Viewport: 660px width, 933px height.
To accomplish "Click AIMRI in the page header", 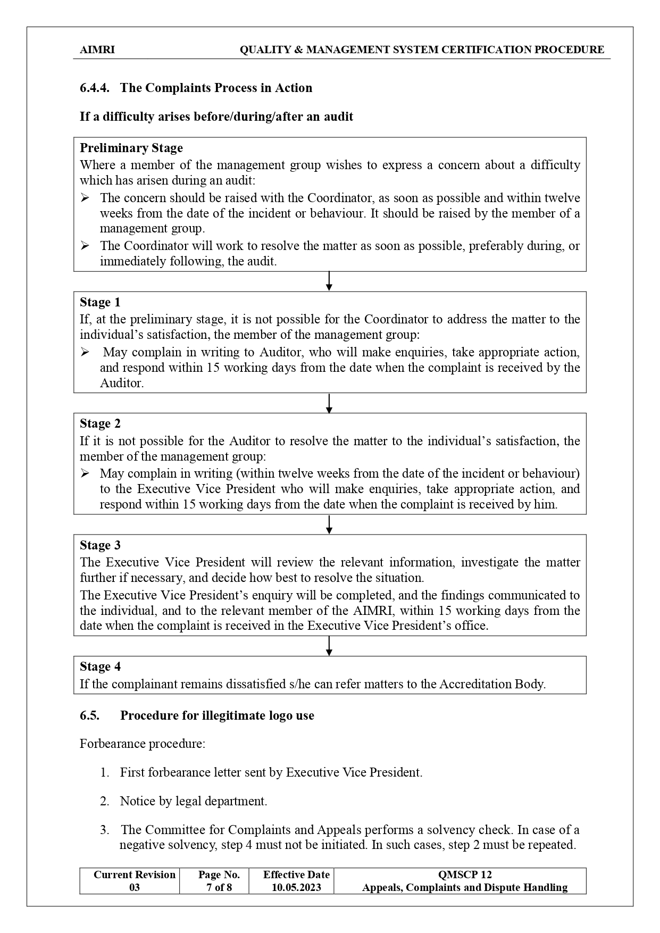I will [97, 50].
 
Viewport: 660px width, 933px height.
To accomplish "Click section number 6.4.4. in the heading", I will [95, 88].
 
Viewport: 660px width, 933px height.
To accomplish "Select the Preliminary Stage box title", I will [131, 148].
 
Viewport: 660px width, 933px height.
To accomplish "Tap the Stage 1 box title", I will [100, 302].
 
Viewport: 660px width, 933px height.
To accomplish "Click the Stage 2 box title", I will [100, 423].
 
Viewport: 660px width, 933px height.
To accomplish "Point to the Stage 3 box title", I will [100, 545].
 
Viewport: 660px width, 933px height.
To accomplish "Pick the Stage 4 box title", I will [100, 667].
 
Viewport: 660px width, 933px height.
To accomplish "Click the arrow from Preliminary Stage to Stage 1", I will [329, 281].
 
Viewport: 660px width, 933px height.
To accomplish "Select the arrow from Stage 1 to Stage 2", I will [329, 403].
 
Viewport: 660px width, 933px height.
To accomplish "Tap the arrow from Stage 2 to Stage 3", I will [329, 524].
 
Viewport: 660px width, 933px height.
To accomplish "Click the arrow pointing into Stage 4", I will [329, 646].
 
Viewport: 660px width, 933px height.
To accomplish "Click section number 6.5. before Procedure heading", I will [89, 715].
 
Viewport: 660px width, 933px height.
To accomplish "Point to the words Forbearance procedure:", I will [142, 744].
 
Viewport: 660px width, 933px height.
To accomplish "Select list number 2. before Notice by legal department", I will [104, 801].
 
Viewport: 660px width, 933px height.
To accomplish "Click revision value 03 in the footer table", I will [135, 887].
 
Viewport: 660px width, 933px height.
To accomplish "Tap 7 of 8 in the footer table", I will [219, 887].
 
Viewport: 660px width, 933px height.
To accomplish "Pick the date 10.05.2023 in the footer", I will [296, 887].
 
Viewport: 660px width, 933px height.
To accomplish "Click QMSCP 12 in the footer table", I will [464, 874].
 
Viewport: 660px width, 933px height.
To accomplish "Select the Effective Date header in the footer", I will [296, 874].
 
